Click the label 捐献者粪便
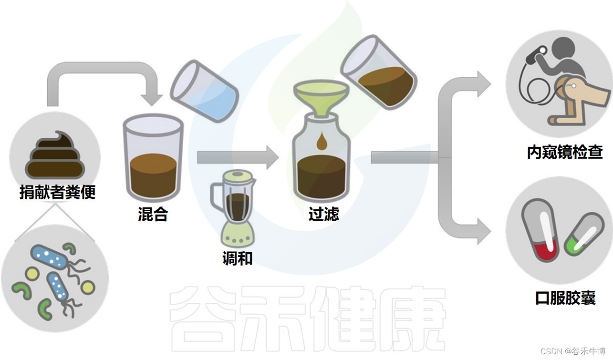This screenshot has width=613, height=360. pyautogui.click(x=57, y=192)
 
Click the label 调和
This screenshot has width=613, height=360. pyautogui.click(x=237, y=258)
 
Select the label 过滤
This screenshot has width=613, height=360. pyautogui.click(x=323, y=214)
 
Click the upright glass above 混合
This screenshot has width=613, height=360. pyautogui.click(x=153, y=157)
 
